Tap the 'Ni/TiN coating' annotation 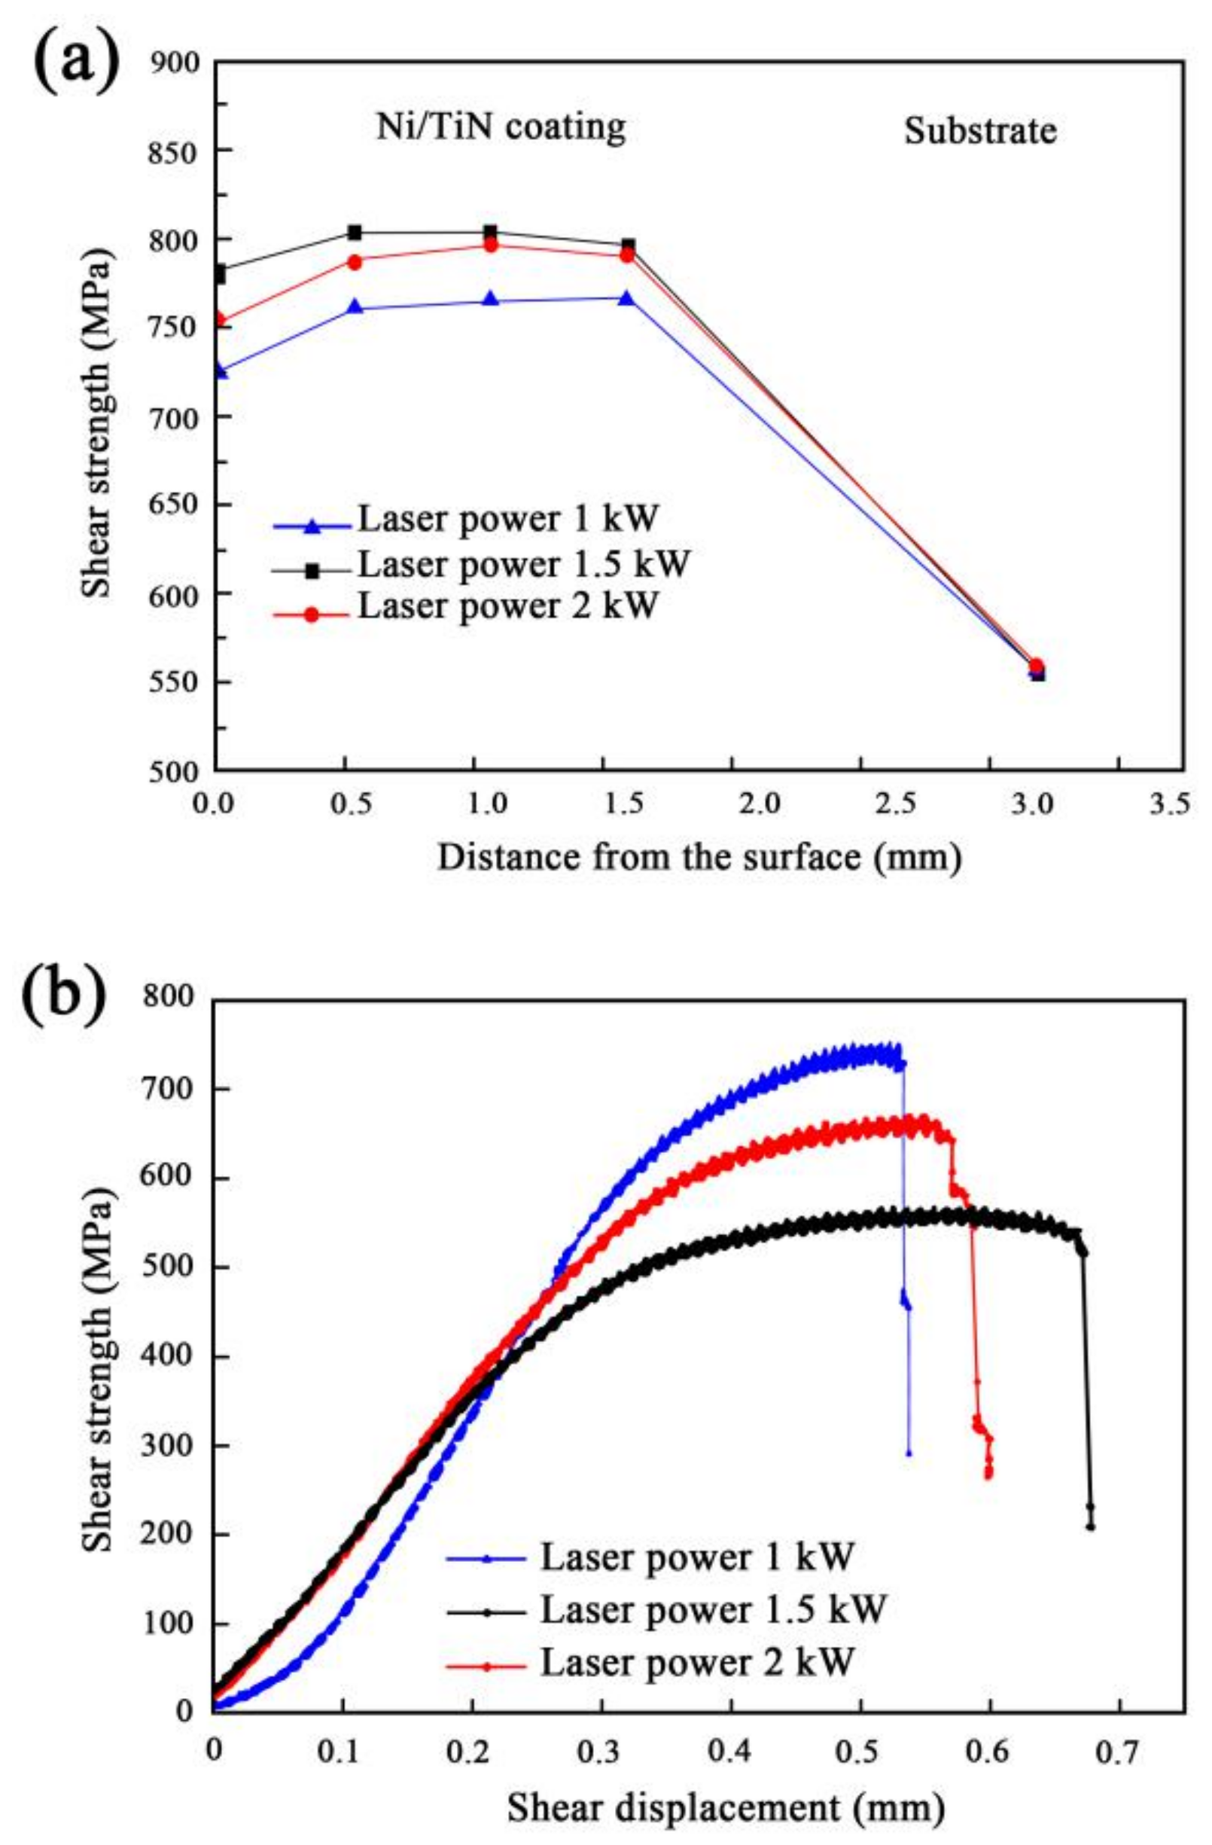click(x=501, y=127)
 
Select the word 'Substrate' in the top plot click(x=979, y=131)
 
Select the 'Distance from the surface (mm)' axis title click(x=699, y=858)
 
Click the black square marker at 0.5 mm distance click(x=355, y=232)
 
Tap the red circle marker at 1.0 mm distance click(x=490, y=245)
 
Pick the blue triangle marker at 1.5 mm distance click(x=626, y=297)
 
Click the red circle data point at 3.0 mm click(x=1036, y=666)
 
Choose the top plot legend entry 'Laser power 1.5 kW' click(x=522, y=566)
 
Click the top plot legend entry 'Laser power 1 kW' click(x=507, y=520)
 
